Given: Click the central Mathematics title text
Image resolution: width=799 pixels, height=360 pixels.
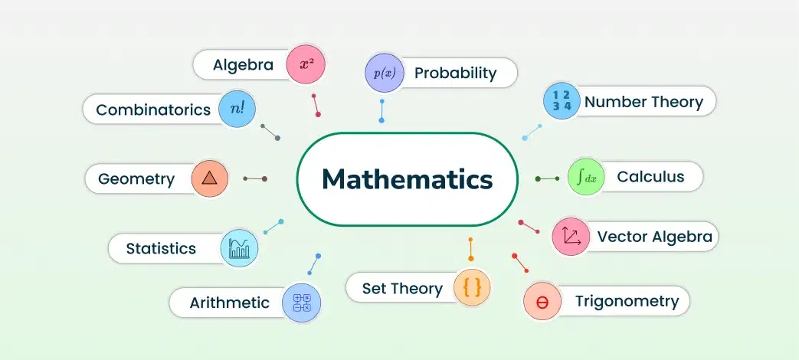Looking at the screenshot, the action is click(x=407, y=179).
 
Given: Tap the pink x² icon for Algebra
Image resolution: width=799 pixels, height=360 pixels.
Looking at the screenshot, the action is click(x=306, y=64).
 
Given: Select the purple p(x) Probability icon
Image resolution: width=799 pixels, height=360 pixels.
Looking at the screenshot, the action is click(x=385, y=73).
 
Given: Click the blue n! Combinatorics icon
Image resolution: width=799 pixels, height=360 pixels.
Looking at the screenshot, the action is click(x=237, y=109).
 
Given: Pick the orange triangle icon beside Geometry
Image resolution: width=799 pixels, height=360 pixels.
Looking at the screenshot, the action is click(x=209, y=178).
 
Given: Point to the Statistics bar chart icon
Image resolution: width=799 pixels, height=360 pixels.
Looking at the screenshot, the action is click(x=239, y=248).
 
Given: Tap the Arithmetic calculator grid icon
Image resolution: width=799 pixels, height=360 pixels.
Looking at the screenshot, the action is click(x=302, y=303).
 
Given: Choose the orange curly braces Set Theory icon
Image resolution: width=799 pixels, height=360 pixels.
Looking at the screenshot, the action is click(x=472, y=288).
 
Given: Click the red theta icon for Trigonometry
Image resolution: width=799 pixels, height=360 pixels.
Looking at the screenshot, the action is click(x=542, y=301).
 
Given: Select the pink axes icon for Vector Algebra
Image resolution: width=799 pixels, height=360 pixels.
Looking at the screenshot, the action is click(x=571, y=236).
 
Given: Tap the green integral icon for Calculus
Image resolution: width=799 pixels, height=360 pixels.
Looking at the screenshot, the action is click(x=586, y=177).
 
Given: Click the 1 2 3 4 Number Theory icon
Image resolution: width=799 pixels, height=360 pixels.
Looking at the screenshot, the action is click(x=562, y=101).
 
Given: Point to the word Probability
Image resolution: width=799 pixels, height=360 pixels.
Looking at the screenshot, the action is click(x=455, y=74).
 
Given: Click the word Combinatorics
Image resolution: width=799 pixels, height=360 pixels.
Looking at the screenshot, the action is click(x=153, y=110).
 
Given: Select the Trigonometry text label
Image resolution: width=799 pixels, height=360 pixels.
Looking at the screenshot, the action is click(x=627, y=302).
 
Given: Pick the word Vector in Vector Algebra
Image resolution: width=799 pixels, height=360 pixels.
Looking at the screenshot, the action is click(x=622, y=237).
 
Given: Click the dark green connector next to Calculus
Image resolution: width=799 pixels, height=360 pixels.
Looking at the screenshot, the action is click(x=548, y=178).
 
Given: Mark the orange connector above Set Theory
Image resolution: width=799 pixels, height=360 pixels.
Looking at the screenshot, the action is click(x=471, y=249).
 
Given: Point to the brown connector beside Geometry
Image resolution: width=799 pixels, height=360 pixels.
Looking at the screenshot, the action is click(x=255, y=178).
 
